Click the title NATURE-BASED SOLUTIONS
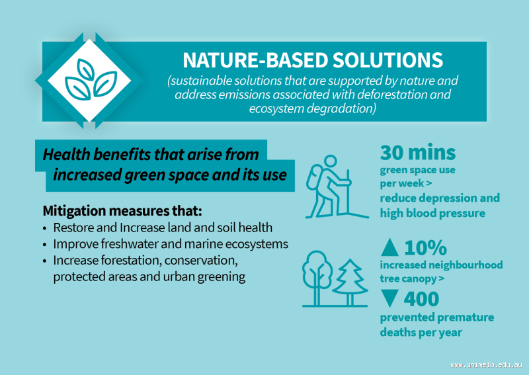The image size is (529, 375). [x=312, y=60]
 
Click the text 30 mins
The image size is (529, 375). [x=417, y=153]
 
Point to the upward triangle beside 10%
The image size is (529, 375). [x=390, y=248]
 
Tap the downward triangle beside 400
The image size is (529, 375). [x=390, y=299]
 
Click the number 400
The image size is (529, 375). [x=421, y=299]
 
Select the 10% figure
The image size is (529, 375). [x=425, y=248]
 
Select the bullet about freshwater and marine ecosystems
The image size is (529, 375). [x=171, y=244]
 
